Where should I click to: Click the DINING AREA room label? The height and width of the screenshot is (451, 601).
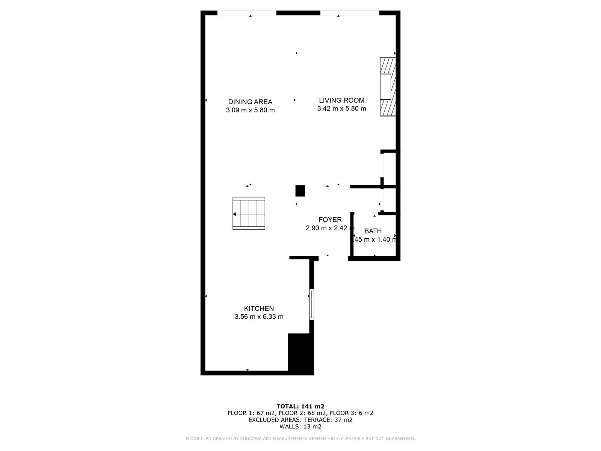[250, 102]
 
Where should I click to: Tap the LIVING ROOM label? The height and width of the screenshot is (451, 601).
[341, 100]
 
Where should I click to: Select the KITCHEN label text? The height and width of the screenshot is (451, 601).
[259, 308]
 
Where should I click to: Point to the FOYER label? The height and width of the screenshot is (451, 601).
[330, 219]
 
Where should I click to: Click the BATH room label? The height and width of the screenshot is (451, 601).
[373, 231]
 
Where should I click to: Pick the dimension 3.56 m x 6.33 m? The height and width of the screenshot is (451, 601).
[259, 316]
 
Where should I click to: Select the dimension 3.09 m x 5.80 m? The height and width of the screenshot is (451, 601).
[250, 110]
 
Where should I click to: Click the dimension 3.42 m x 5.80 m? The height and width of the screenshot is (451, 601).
[341, 109]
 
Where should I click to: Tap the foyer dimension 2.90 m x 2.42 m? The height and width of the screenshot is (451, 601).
[330, 228]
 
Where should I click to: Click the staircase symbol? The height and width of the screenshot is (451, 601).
[249, 213]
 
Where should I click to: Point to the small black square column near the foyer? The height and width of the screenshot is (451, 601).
[300, 191]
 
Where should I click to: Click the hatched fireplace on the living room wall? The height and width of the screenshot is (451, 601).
[388, 86]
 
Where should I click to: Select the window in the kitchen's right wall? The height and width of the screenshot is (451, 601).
[311, 304]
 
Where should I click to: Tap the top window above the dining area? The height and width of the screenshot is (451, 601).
[247, 13]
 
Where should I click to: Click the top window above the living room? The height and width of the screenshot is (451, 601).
[350, 13]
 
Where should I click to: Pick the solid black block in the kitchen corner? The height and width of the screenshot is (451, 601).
[300, 354]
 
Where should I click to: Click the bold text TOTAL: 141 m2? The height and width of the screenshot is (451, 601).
[300, 406]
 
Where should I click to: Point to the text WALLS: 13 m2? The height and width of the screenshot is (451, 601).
[300, 426]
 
